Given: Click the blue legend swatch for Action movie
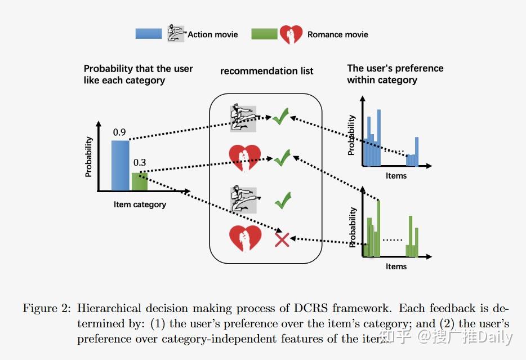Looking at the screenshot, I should (x=149, y=34).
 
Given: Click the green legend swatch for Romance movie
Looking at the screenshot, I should (x=264, y=34).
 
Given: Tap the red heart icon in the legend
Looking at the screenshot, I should (x=291, y=34).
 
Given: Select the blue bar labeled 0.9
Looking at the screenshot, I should (x=120, y=166).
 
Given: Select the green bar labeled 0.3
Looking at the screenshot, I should (x=139, y=181).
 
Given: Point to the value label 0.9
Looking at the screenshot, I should (x=119, y=132).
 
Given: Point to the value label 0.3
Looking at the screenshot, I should (x=139, y=163).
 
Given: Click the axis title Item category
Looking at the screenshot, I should (x=140, y=205).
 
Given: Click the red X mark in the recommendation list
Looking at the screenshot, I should (x=281, y=240).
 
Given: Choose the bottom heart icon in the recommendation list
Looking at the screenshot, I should (x=245, y=238).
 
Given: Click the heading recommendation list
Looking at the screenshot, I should (x=266, y=71).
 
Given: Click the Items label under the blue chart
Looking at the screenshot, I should (x=396, y=176).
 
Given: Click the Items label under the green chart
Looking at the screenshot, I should (x=396, y=266).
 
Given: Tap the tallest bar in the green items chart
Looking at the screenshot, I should (x=378, y=228).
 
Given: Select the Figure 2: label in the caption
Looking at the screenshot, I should (x=46, y=309).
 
